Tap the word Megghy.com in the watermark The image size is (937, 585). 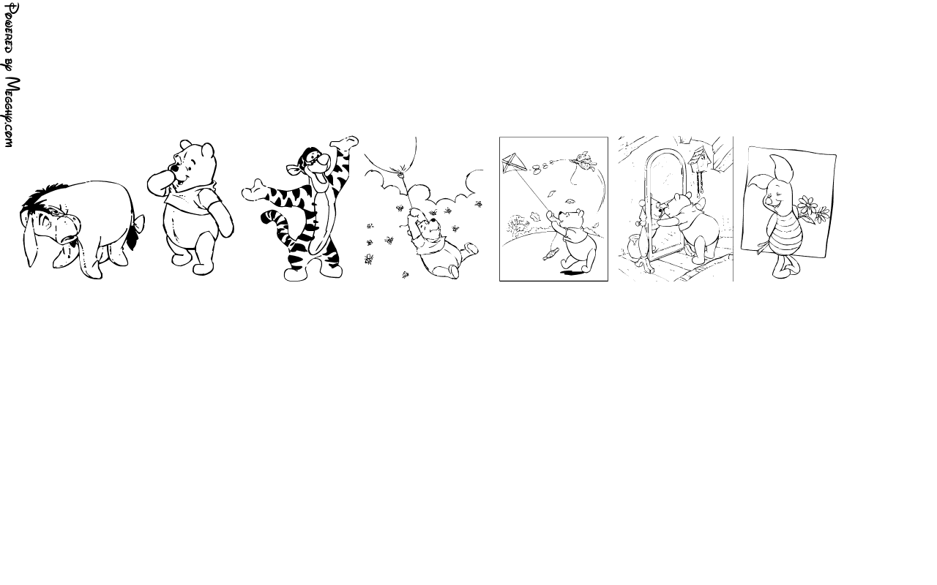click(12, 112)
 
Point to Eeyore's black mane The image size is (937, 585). click(42, 197)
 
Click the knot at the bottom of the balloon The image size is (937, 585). click(402, 170)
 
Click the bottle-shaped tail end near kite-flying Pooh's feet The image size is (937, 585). click(550, 254)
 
